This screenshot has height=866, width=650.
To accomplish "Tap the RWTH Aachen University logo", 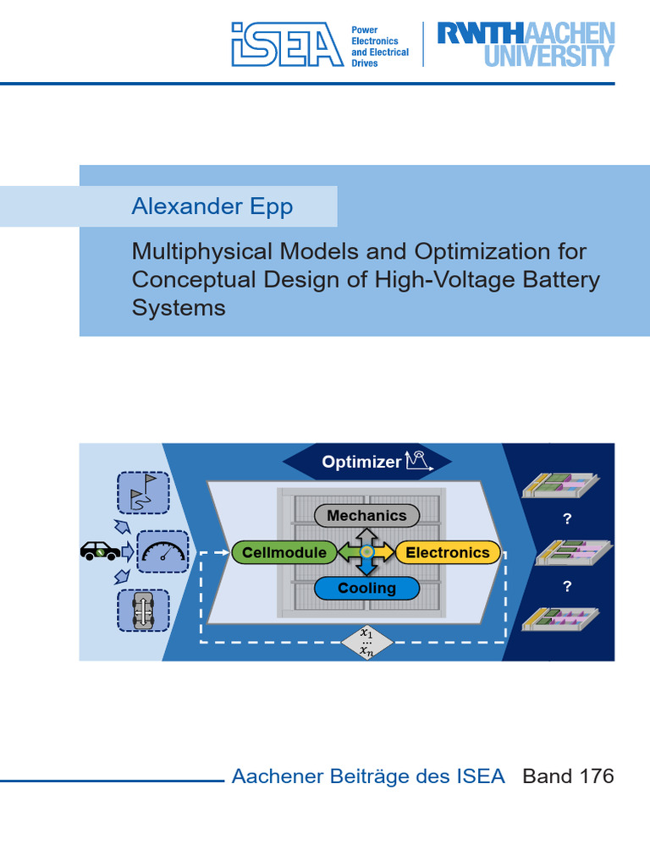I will coord(525,44).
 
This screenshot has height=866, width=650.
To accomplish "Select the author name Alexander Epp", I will coord(212,207).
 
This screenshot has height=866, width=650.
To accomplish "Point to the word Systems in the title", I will coord(179,308).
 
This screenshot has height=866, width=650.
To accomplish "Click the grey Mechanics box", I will coord(366,516).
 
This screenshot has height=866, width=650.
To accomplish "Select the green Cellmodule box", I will coord(284,552).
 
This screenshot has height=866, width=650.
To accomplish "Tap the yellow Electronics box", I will coord(447,552).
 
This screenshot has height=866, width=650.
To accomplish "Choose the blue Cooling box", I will coord(366,588).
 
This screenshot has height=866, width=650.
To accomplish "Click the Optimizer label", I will coord(361,462).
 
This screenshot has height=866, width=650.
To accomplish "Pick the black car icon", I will coord(100,551).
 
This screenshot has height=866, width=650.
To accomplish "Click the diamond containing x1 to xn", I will coord(366,642).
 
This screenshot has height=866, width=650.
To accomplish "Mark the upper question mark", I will coord(567,519).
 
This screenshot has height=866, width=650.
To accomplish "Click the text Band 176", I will coord(568,776).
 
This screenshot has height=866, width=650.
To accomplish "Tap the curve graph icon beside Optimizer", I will coord(419,460).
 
